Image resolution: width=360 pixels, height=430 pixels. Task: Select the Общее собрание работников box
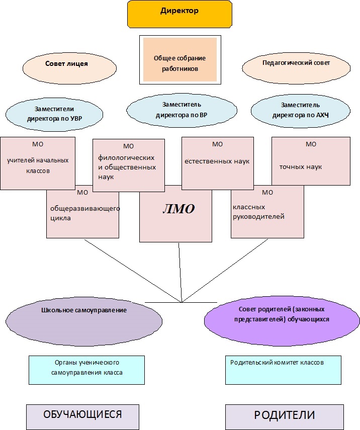pyautogui.click(x=179, y=63)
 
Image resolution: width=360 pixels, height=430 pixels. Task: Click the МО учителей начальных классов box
pyautogui.click(x=38, y=163)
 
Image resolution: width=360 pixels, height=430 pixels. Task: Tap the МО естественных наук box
pyautogui.click(x=217, y=162)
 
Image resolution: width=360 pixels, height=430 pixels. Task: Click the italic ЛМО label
pyautogui.click(x=178, y=209)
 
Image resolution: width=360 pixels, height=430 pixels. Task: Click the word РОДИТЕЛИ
pyautogui.click(x=284, y=415)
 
